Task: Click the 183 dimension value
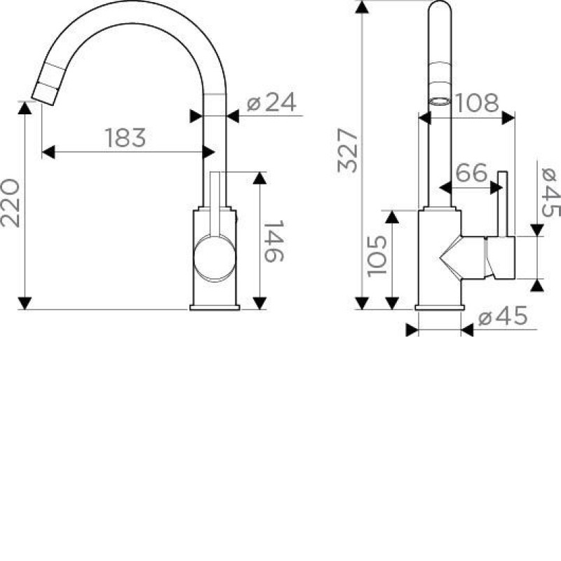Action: point(126,137)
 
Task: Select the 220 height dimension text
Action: point(10,203)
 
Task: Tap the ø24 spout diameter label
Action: point(271,102)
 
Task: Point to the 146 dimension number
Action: point(273,241)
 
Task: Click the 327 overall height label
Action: point(347,151)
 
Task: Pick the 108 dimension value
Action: point(476,103)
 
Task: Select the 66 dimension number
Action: point(471,173)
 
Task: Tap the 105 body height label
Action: point(377,256)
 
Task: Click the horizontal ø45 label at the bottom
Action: point(503,316)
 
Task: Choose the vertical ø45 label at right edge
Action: point(551,192)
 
